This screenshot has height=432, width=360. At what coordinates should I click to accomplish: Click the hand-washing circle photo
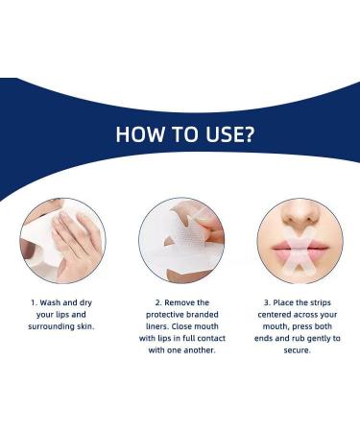[62, 239]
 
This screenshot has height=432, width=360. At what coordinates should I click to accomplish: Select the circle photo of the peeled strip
[180, 239]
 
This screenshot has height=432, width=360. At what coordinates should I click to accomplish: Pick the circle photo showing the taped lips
[299, 239]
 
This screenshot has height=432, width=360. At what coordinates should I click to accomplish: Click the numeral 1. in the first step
[33, 302]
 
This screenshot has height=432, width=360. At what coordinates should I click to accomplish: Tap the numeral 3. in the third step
[261, 302]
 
